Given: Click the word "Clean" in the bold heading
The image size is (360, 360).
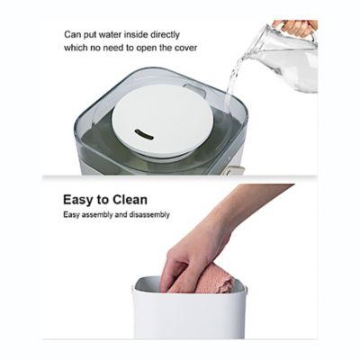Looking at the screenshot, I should point(126,200).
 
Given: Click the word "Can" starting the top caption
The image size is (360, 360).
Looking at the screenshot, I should point(72,34).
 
